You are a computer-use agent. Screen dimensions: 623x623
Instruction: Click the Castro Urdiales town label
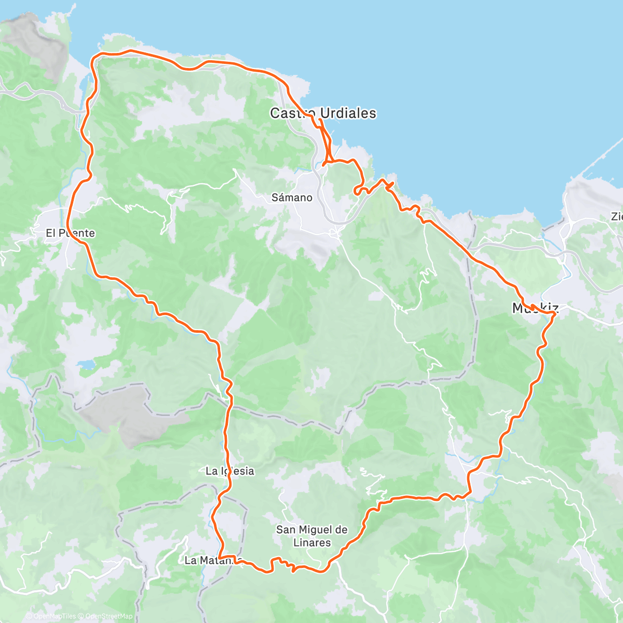pos(323,113)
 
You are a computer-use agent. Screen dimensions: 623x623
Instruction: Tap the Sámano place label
pos(292,197)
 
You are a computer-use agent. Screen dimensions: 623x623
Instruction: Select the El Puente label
pos(70,233)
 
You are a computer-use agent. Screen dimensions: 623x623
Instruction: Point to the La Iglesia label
pos(230,471)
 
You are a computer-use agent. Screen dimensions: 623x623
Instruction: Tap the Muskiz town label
pos(535,308)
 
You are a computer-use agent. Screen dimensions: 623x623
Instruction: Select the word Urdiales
pos(348,113)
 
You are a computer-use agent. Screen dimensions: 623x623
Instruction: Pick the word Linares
pos(311,543)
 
